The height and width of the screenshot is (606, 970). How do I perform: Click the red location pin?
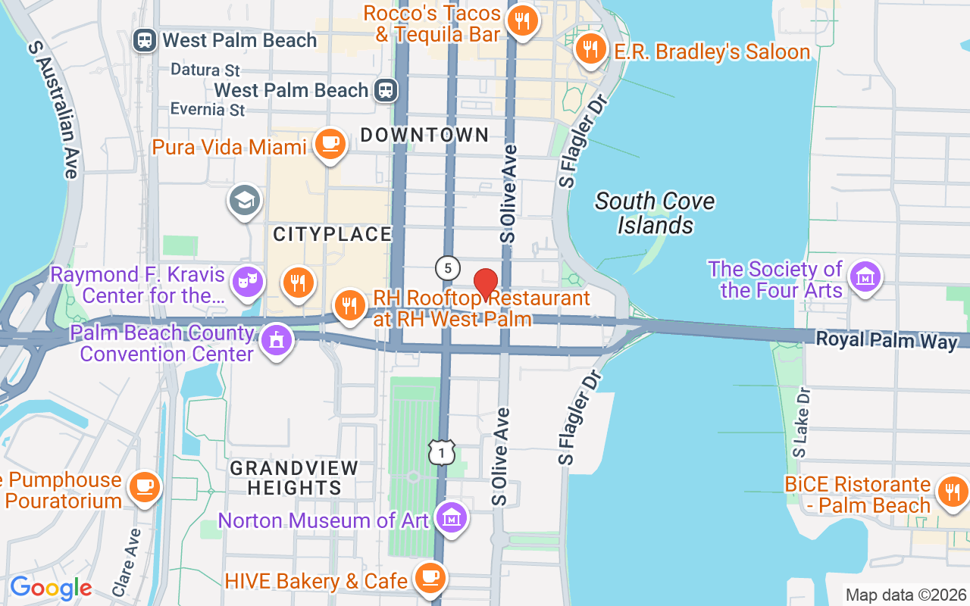(486, 284)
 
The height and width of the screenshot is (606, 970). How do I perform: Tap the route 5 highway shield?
(448, 268)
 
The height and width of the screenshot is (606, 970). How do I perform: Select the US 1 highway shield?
(441, 452)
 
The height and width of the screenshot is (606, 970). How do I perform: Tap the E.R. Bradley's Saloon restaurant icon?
(590, 49)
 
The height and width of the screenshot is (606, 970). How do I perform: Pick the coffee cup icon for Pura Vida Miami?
(329, 142)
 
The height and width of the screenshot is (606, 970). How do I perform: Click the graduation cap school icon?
(244, 201)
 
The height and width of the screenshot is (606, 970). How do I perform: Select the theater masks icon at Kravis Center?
(248, 281)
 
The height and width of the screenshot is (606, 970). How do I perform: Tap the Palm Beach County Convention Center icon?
(277, 341)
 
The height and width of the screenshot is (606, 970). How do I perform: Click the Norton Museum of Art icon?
(452, 519)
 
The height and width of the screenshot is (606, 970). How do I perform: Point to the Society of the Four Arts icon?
(865, 276)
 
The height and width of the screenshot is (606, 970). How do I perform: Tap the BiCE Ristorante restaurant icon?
(953, 492)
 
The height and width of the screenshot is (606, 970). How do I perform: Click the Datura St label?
(205, 70)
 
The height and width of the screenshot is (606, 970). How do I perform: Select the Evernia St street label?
(208, 110)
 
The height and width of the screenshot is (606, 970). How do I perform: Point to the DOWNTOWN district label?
(424, 136)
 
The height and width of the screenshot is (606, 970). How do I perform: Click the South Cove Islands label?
(655, 213)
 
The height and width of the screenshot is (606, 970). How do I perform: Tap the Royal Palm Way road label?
(887, 340)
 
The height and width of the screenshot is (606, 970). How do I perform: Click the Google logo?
(51, 588)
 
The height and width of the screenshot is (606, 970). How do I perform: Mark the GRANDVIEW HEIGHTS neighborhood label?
(294, 478)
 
